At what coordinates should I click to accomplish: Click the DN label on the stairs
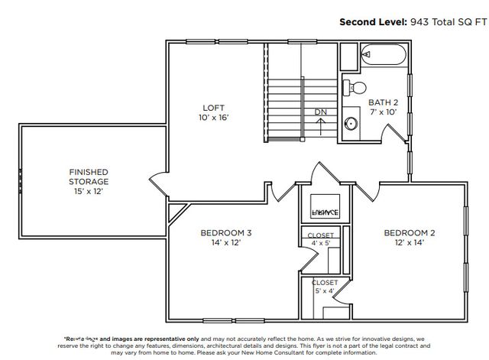pos(321,112)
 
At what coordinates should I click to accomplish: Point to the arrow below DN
pos(321,125)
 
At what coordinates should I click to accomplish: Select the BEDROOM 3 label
pos(226,232)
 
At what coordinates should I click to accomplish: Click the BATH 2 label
pos(384,102)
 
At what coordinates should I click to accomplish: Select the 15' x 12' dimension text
pos(89,191)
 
